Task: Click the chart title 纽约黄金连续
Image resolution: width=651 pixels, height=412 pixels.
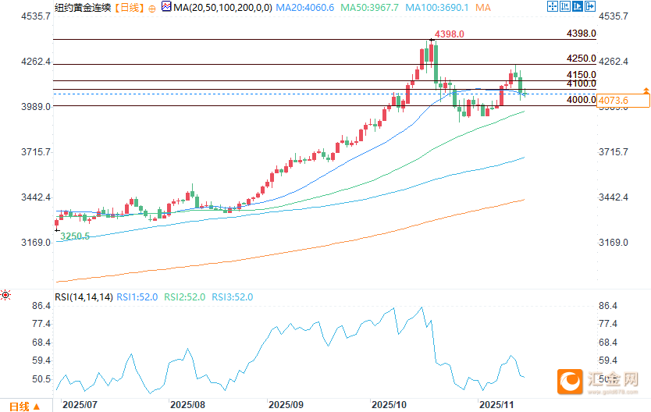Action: click(83, 8)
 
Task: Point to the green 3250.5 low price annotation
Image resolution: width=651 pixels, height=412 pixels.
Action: click(75, 236)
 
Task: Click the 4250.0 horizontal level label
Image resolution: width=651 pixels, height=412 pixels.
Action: click(581, 59)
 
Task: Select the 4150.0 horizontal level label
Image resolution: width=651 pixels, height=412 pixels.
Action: click(581, 75)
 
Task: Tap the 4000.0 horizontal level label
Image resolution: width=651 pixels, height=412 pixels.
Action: click(581, 100)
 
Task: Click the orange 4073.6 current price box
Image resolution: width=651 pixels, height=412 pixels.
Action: click(622, 100)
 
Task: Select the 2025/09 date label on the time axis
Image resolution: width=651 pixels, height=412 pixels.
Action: click(285, 405)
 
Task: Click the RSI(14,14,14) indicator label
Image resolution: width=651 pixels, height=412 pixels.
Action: click(84, 297)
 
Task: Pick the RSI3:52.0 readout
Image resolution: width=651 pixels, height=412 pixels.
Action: click(233, 297)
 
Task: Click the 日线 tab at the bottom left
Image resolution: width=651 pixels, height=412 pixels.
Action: click(20, 406)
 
